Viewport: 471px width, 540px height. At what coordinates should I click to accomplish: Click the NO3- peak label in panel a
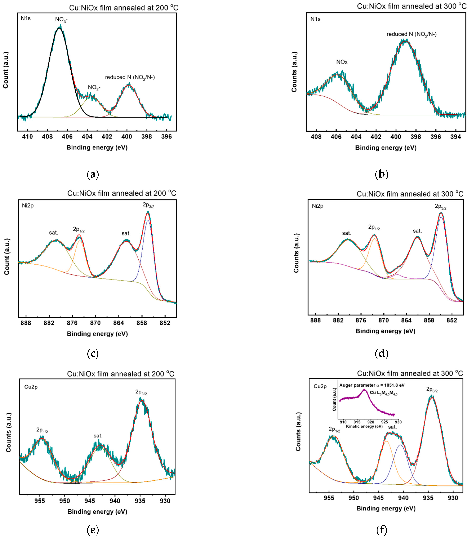61,20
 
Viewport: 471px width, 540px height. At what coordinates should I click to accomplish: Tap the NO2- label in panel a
94,88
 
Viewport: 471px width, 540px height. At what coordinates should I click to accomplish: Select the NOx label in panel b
342,62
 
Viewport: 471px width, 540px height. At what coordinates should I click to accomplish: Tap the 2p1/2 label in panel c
79,229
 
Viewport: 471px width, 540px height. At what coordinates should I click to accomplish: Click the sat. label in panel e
98,436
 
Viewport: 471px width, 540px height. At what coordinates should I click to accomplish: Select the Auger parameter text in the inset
372,385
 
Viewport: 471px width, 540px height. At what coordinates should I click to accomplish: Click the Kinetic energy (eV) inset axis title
364,426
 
